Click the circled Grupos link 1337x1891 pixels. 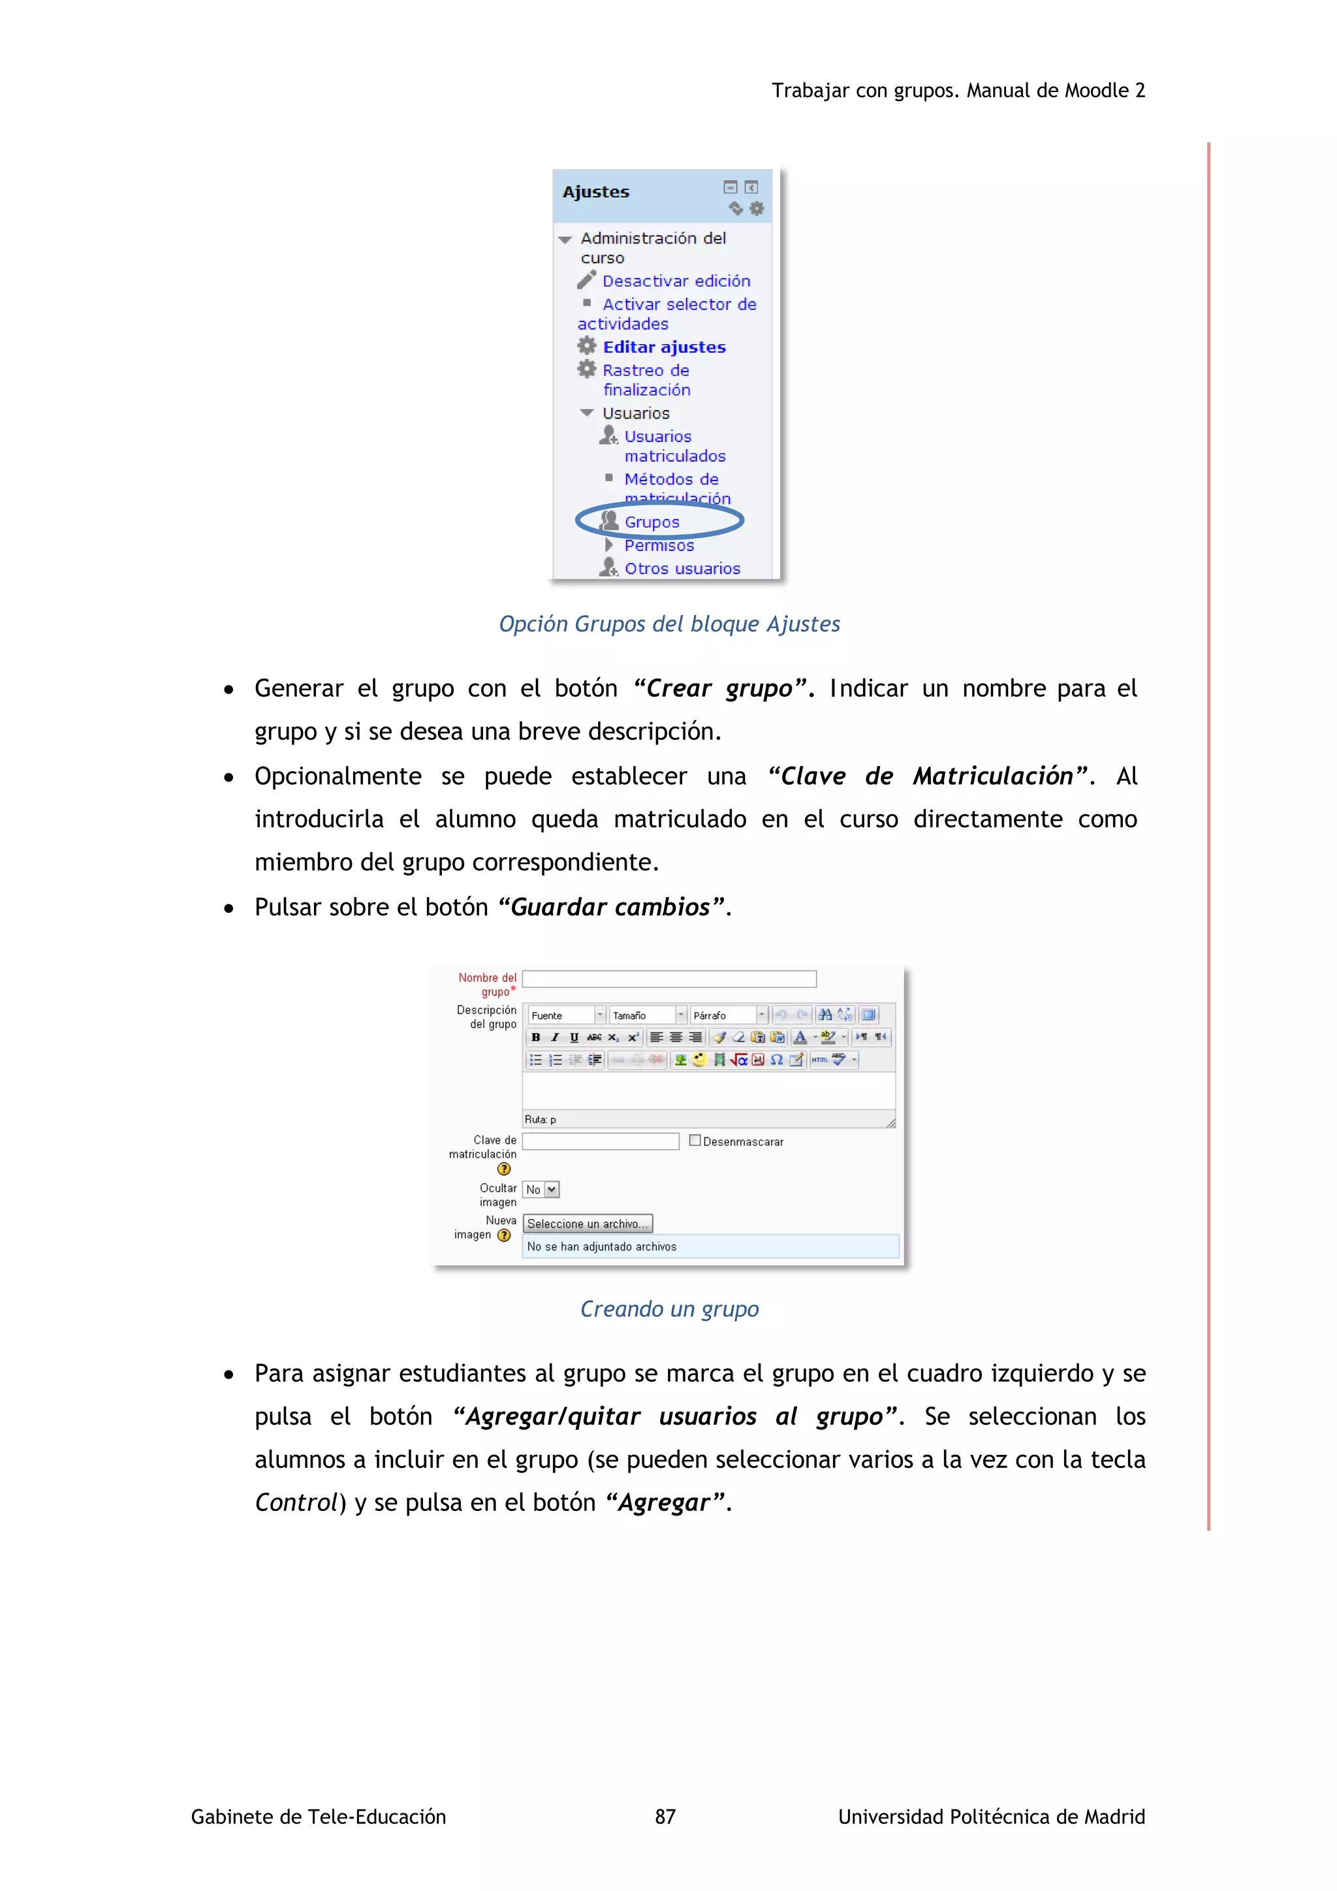click(x=652, y=522)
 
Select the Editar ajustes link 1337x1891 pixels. click(x=663, y=347)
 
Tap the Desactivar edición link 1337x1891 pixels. click(x=676, y=281)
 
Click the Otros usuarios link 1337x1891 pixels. click(x=682, y=568)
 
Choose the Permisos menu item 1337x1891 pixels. click(x=659, y=545)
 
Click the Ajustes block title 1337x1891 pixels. click(x=596, y=192)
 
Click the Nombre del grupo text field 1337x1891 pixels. click(x=668, y=978)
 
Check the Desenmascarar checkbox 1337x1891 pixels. click(x=695, y=1141)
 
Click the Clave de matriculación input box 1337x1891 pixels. click(x=600, y=1141)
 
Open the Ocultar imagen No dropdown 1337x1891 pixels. click(x=541, y=1189)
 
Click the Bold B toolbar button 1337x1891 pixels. click(x=536, y=1038)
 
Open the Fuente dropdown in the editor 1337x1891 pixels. click(x=567, y=1015)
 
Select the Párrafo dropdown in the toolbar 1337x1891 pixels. click(x=728, y=1015)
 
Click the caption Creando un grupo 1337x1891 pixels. click(x=668, y=1309)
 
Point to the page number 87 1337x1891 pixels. click(x=665, y=1816)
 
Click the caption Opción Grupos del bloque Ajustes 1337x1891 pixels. click(x=668, y=624)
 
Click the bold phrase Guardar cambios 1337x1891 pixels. click(x=610, y=907)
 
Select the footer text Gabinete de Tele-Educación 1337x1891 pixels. click(x=318, y=1816)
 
